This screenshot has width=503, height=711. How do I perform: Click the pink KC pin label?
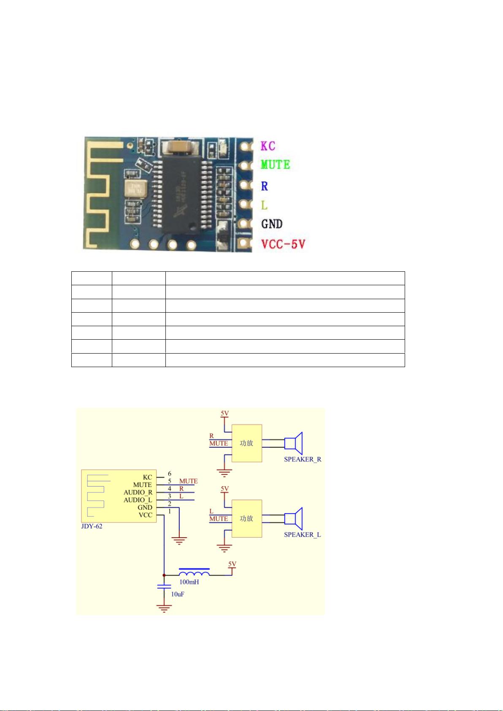point(268,146)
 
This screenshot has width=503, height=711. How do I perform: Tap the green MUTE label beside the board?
point(275,165)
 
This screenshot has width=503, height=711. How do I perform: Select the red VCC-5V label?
point(282,244)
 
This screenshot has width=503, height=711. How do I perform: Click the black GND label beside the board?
point(272,224)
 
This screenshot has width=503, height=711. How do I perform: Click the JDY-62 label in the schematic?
point(92,526)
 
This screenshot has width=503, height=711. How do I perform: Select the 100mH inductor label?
point(189,582)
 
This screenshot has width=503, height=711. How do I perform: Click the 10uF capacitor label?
point(177,594)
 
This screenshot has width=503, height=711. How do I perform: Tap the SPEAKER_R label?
point(303,459)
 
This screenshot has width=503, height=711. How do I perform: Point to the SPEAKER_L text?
point(302,535)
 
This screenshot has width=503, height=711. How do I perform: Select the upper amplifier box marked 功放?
point(247,443)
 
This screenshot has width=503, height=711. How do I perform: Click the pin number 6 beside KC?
point(170,473)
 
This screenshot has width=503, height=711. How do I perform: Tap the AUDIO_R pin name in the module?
point(138,492)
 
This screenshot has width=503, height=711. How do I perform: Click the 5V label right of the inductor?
point(232,564)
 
